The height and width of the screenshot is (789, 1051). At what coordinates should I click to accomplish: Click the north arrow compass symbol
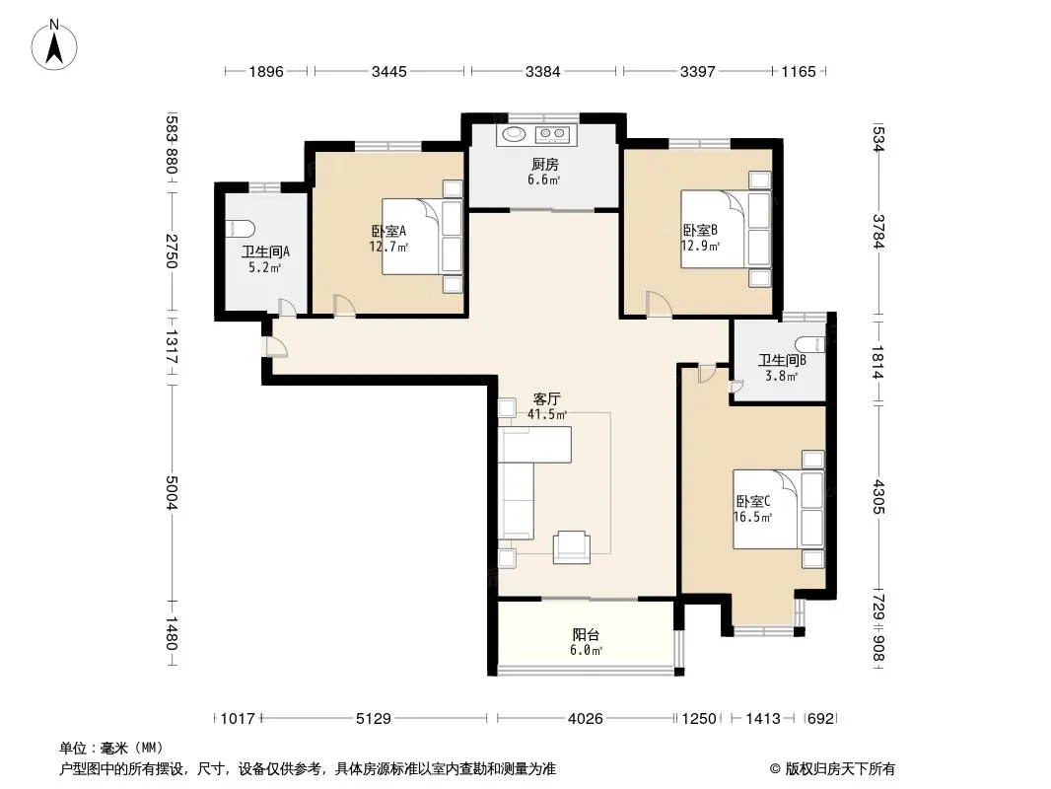[x=54, y=44]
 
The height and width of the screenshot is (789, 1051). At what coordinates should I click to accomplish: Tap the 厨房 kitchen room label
[x=545, y=165]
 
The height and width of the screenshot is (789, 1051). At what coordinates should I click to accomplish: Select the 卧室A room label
[x=388, y=231]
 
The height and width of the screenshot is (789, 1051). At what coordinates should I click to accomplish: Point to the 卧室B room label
[x=700, y=230]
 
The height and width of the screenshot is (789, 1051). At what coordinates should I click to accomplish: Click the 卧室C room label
[x=752, y=501]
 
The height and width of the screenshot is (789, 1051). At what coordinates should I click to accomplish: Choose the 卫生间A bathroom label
[x=265, y=252]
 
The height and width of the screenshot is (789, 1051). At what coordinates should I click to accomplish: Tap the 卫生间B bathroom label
[x=782, y=361]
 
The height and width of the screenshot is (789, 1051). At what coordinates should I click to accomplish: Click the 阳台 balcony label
[x=586, y=635]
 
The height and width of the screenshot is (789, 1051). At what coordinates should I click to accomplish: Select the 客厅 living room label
[x=547, y=398]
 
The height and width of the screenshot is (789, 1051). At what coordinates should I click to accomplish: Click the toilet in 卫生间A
[x=240, y=229]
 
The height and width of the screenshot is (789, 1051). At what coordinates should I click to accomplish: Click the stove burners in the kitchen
[x=553, y=135]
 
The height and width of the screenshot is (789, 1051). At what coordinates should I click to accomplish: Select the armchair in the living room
[x=572, y=547]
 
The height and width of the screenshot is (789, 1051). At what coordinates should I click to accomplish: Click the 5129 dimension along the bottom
[x=374, y=719]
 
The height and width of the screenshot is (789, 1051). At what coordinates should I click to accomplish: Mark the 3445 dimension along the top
[x=388, y=71]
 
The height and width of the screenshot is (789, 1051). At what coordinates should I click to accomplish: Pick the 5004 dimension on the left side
[x=172, y=493]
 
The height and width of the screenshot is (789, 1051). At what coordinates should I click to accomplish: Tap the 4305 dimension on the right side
[x=878, y=497]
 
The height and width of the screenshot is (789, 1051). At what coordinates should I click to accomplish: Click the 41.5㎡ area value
[x=547, y=415]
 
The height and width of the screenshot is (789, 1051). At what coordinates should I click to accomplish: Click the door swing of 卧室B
[x=659, y=303]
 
